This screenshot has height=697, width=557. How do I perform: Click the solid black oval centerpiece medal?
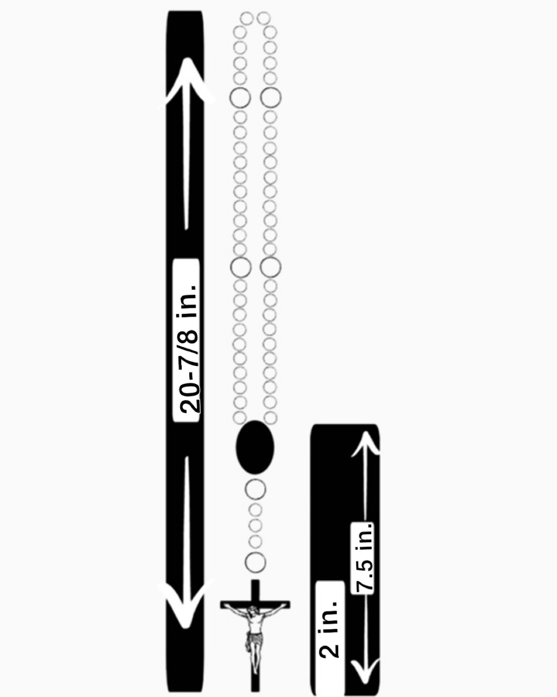[x=255, y=447]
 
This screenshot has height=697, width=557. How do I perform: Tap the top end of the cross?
[x=255, y=583]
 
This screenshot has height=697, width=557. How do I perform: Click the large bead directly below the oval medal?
[x=255, y=489]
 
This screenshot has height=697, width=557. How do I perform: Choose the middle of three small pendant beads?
[x=255, y=525]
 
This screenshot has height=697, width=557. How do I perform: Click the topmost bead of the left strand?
[x=247, y=18]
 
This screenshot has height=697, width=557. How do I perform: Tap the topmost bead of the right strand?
[x=264, y=18]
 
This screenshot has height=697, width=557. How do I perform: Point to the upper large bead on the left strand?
[x=240, y=97]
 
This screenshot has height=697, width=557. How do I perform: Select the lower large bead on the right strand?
[x=270, y=267]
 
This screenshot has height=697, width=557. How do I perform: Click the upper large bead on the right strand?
[x=270, y=97]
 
